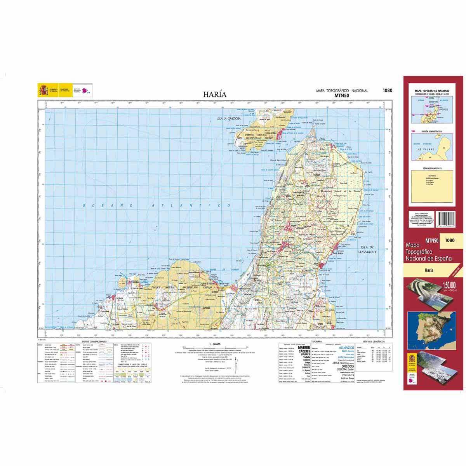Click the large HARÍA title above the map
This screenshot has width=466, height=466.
coord(214,94)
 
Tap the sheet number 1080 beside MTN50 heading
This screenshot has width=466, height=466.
coord(387,91)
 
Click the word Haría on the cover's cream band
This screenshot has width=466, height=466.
coord(429,270)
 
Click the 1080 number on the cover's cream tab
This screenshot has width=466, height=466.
coord(450,240)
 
